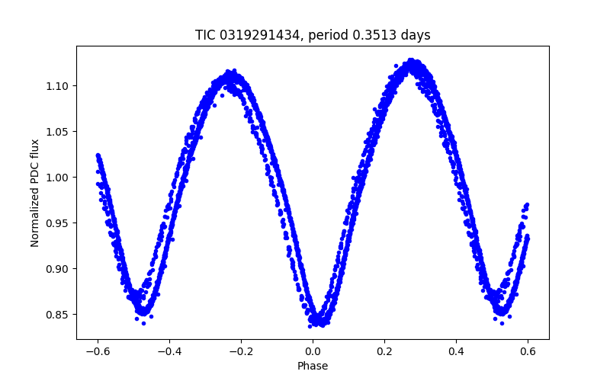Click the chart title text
[313, 35]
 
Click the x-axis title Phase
[313, 367]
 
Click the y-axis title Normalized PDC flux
[35, 192]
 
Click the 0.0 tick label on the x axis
[313, 351]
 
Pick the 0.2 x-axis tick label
[384, 351]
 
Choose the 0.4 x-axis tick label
[456, 351]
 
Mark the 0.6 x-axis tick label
[528, 351]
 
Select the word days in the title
[416, 35]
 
